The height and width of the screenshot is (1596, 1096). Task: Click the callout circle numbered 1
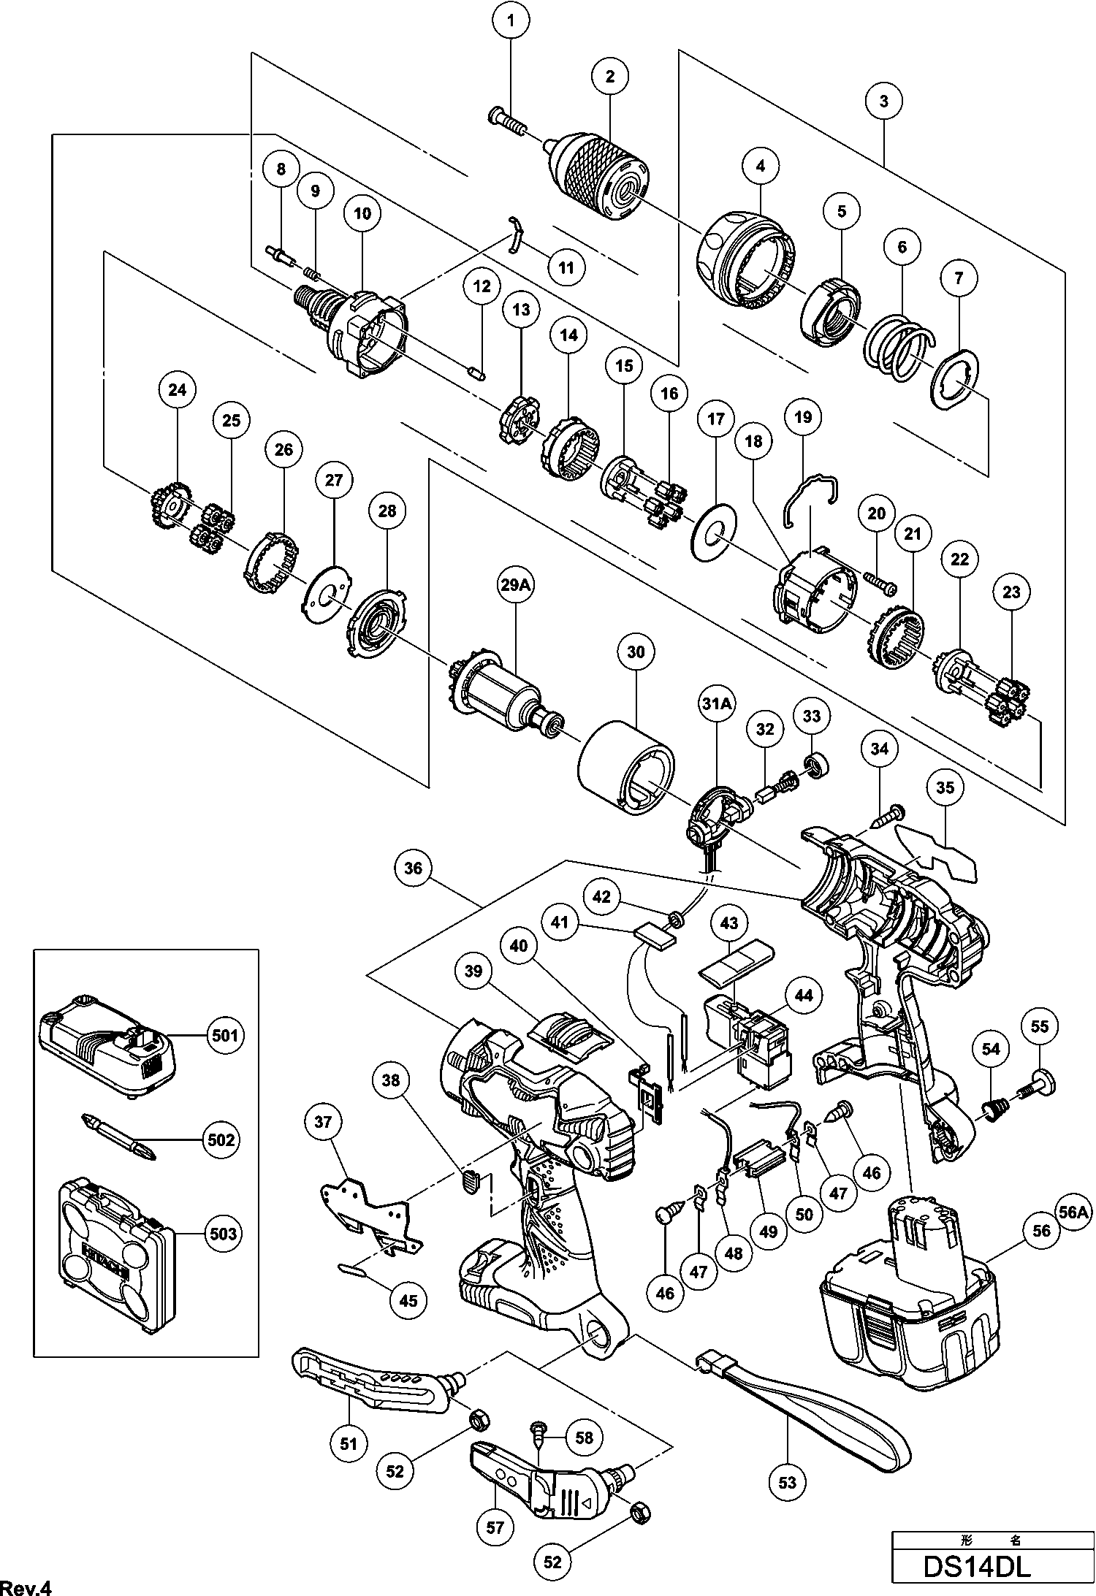click(511, 22)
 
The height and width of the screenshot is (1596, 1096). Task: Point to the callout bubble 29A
click(516, 586)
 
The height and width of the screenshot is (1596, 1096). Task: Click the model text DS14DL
click(977, 1566)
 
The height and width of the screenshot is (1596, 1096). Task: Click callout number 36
click(414, 868)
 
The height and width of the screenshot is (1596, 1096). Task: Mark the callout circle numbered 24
click(178, 390)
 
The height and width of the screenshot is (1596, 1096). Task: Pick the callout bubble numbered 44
click(803, 995)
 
